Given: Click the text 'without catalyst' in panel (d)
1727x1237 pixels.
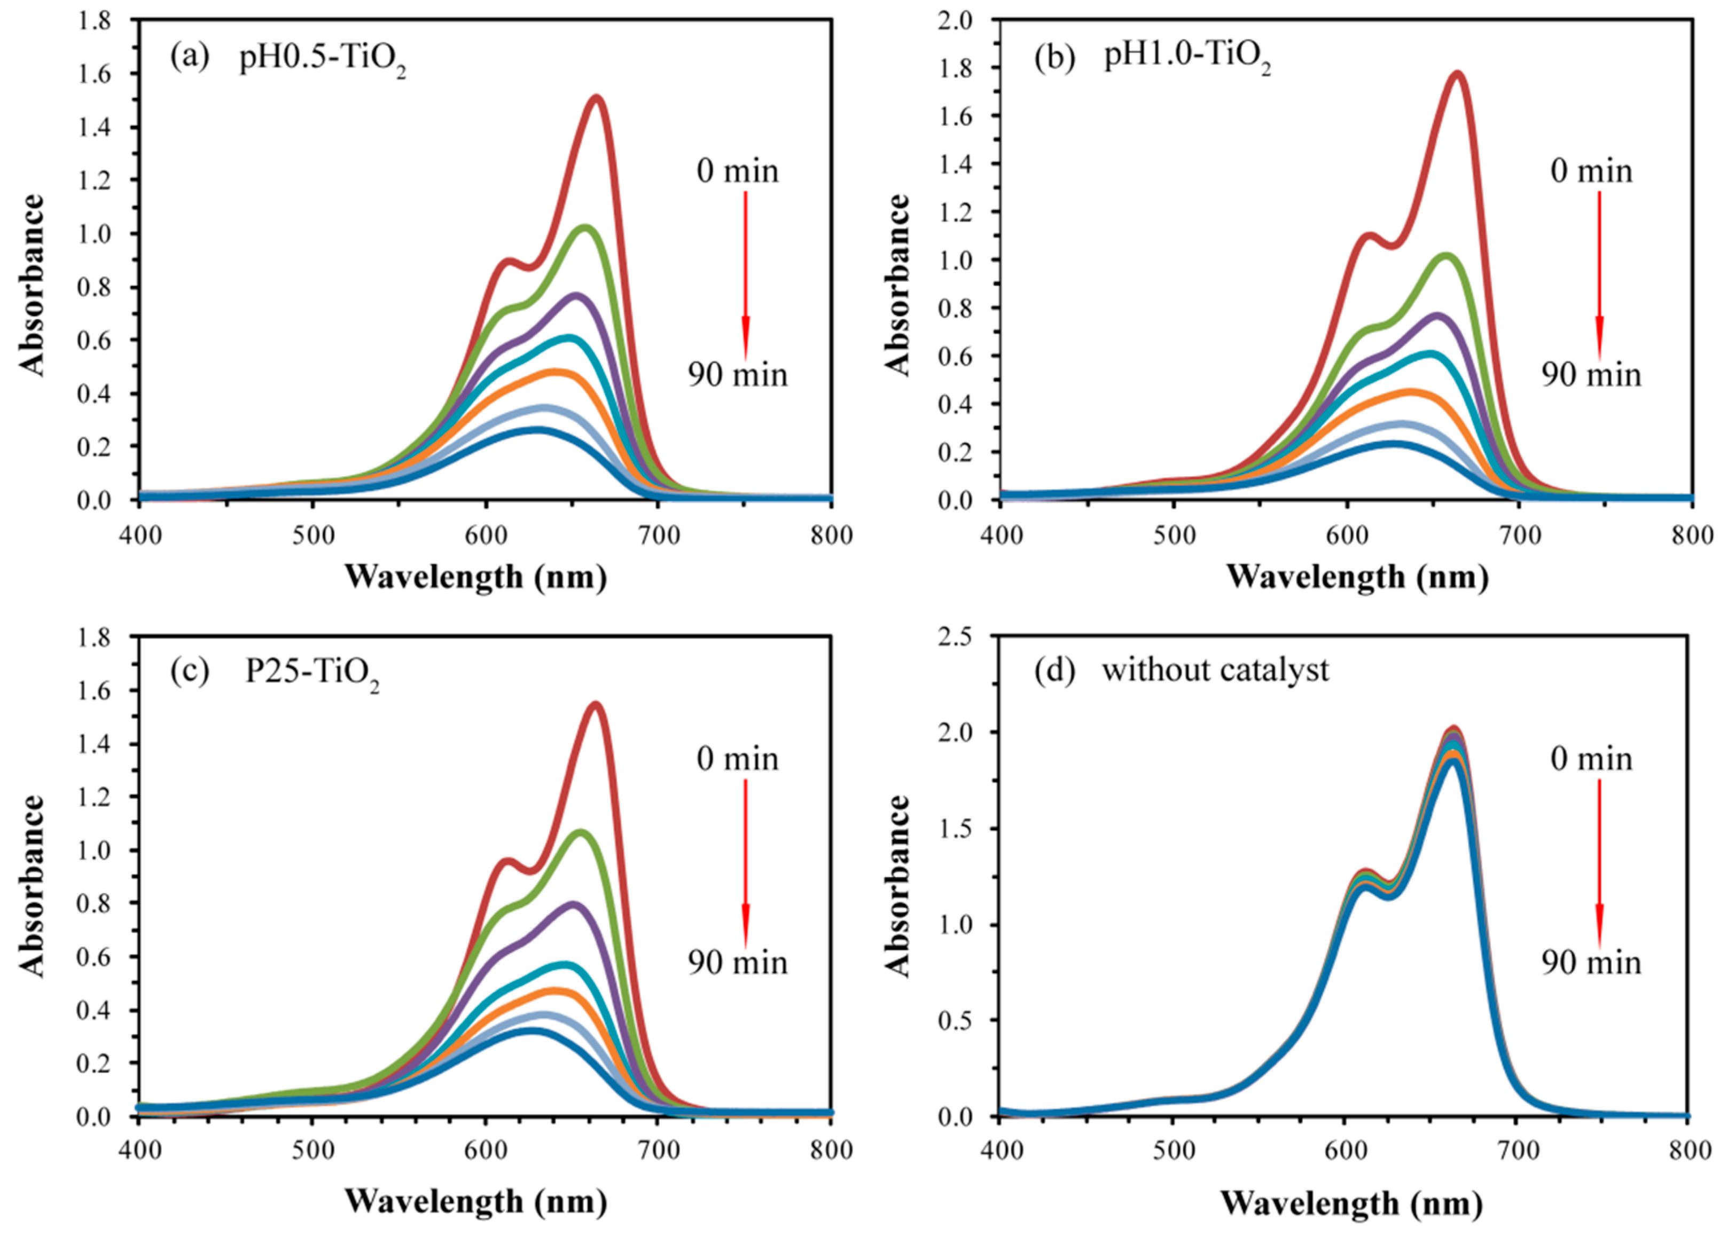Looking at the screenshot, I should point(1215,670).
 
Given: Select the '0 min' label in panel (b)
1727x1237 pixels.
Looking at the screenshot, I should point(1591,170).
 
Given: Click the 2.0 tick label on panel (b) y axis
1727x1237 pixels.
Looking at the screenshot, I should point(956,20).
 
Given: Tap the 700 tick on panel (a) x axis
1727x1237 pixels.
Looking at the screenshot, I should point(659,535).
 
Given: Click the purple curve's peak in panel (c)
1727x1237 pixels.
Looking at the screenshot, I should point(573,904).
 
